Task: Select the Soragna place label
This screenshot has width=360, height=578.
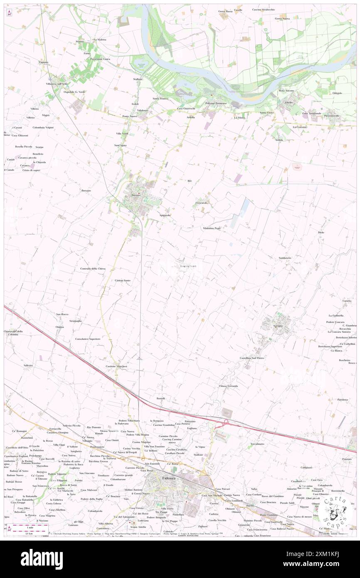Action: tap(278, 326)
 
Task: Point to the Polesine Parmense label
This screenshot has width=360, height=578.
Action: tap(216, 103)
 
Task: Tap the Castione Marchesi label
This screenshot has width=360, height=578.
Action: tap(116, 366)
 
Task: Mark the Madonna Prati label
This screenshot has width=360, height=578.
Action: tap(212, 228)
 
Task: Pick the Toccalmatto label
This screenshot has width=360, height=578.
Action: tap(257, 444)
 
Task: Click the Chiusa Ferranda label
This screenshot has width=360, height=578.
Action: tap(228, 386)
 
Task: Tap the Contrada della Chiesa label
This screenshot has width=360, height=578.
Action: tap(93, 269)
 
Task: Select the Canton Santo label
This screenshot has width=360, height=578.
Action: tap(123, 280)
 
